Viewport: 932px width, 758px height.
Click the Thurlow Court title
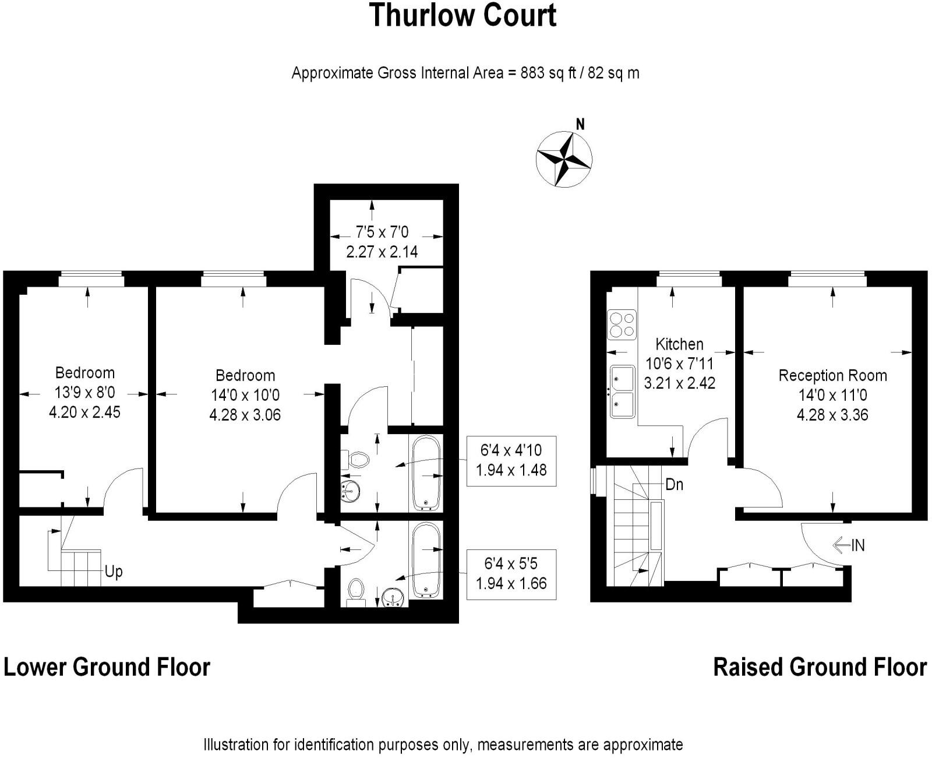coord(463,15)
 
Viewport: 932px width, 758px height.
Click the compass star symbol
coord(564,159)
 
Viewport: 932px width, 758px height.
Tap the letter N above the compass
coord(580,125)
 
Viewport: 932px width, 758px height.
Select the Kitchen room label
coord(679,344)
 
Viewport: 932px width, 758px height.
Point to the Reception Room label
coord(832,375)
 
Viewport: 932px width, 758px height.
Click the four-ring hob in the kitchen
coord(622,325)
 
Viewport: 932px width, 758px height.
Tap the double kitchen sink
coord(622,392)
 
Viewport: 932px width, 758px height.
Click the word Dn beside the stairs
coord(675,485)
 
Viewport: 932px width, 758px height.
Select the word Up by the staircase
coord(114,572)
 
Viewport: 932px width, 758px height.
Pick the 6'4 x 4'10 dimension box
coord(511,461)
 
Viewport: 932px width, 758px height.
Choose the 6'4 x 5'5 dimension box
coord(511,574)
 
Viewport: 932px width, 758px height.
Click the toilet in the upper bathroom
coord(355,460)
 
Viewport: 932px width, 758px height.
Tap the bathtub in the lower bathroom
coord(426,560)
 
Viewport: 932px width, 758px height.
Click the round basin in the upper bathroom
coord(350,491)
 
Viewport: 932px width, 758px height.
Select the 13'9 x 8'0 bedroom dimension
coord(84,393)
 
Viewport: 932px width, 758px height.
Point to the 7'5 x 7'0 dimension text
coord(382,232)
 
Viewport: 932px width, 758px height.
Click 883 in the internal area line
coord(532,73)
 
